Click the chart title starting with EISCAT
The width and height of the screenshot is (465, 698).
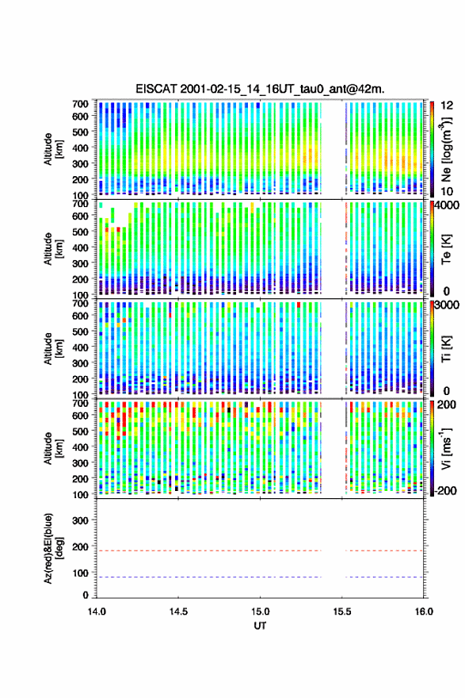[x=260, y=89]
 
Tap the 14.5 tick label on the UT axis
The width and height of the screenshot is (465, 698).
[x=178, y=612]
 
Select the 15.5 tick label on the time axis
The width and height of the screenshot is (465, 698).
[x=342, y=612]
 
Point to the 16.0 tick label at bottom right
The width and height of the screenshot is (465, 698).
[x=424, y=612]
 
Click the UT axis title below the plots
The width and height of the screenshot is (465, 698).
[x=260, y=626]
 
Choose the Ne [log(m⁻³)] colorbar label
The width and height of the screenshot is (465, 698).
[x=446, y=149]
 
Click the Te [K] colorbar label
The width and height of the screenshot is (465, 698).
[x=446, y=249]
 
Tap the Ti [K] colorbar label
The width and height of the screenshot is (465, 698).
[x=446, y=348]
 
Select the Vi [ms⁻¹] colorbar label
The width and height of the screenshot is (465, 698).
[x=446, y=449]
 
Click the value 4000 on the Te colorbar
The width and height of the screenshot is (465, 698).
[x=447, y=206]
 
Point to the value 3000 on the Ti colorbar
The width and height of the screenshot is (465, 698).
[x=447, y=305]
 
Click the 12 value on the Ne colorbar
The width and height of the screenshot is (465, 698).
[x=447, y=105]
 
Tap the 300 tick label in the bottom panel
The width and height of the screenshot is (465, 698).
[x=80, y=520]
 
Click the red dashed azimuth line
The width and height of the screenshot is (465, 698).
[x=260, y=550]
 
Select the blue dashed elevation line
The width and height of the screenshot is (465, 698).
[x=260, y=577]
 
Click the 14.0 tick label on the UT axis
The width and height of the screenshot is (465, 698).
[x=97, y=612]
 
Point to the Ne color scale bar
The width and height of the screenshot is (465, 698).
[x=432, y=148]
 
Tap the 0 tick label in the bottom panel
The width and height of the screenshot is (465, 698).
[x=86, y=595]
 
